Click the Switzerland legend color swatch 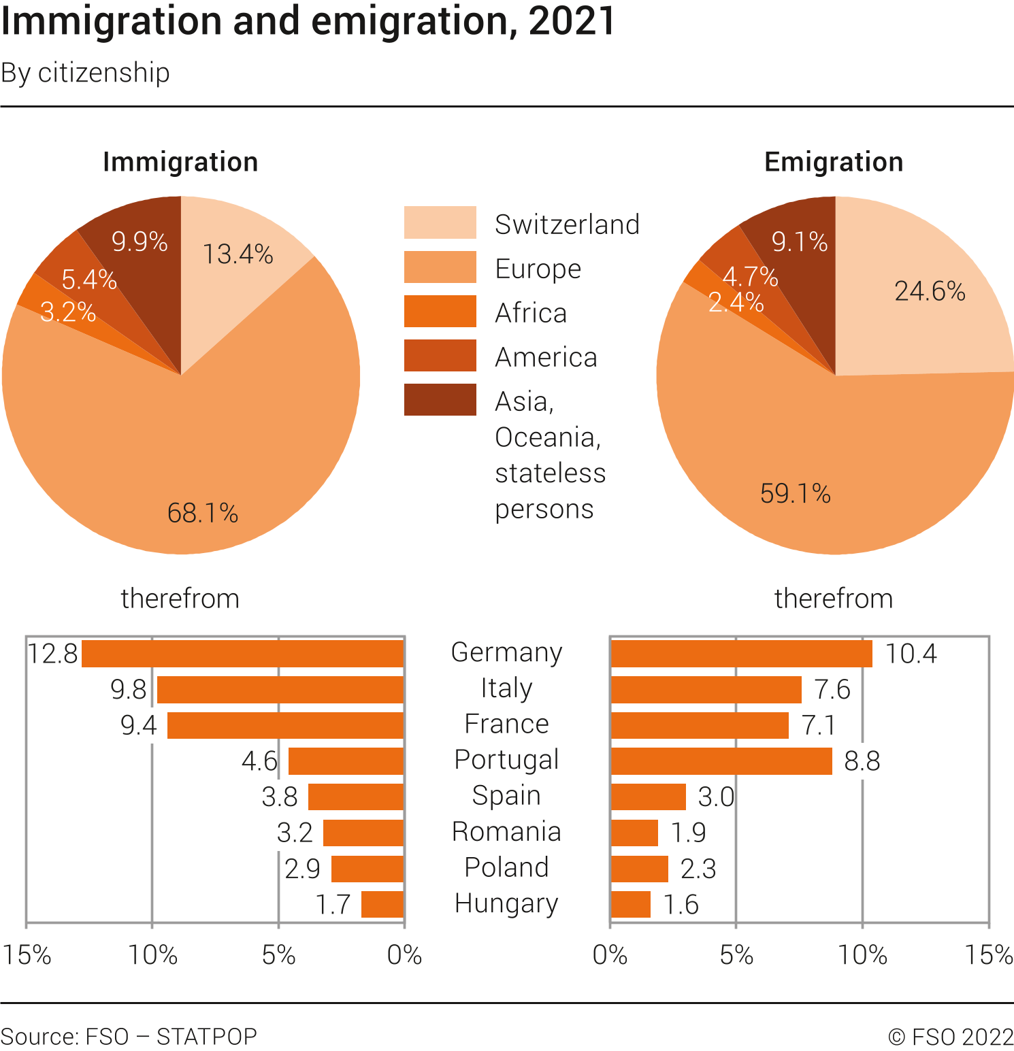click(x=440, y=222)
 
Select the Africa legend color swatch click(x=440, y=311)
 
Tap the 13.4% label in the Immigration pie click(x=238, y=254)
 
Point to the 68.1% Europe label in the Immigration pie click(x=203, y=513)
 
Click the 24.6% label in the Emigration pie click(x=930, y=291)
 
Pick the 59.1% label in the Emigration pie click(x=795, y=494)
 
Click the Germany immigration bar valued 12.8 click(x=243, y=654)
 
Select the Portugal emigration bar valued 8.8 click(x=721, y=761)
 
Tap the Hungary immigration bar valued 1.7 click(x=382, y=904)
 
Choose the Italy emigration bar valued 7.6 click(x=706, y=690)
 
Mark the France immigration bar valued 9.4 click(x=286, y=725)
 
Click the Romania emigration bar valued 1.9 click(x=634, y=833)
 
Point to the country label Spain click(x=506, y=796)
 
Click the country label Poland click(x=506, y=867)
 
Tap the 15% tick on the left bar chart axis click(x=27, y=955)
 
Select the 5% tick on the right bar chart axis click(x=736, y=955)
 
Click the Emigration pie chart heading click(x=834, y=162)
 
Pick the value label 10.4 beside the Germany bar click(x=911, y=654)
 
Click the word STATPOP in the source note click(x=207, y=1036)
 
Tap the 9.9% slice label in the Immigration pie click(x=140, y=241)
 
